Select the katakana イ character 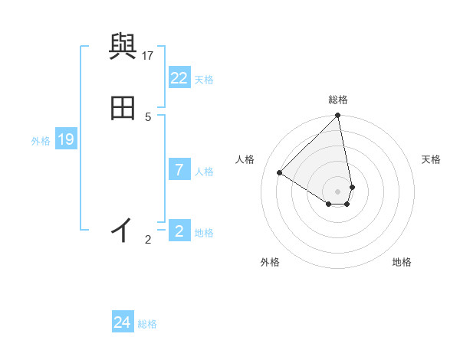[122, 229]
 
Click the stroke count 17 [148, 55]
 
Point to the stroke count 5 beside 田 [148, 116]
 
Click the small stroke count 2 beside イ [148, 240]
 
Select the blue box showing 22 [179, 78]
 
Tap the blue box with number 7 [179, 170]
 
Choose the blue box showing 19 [65, 139]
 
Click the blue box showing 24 [122, 322]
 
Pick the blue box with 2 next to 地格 [179, 231]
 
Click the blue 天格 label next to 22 [204, 80]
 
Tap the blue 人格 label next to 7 [204, 172]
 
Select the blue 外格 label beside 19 [41, 141]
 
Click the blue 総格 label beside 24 [147, 324]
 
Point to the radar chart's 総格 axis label [338, 100]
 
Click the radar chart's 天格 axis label [432, 159]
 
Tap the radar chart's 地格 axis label [402, 263]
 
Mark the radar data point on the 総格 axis [338, 116]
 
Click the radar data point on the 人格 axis [280, 173]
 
